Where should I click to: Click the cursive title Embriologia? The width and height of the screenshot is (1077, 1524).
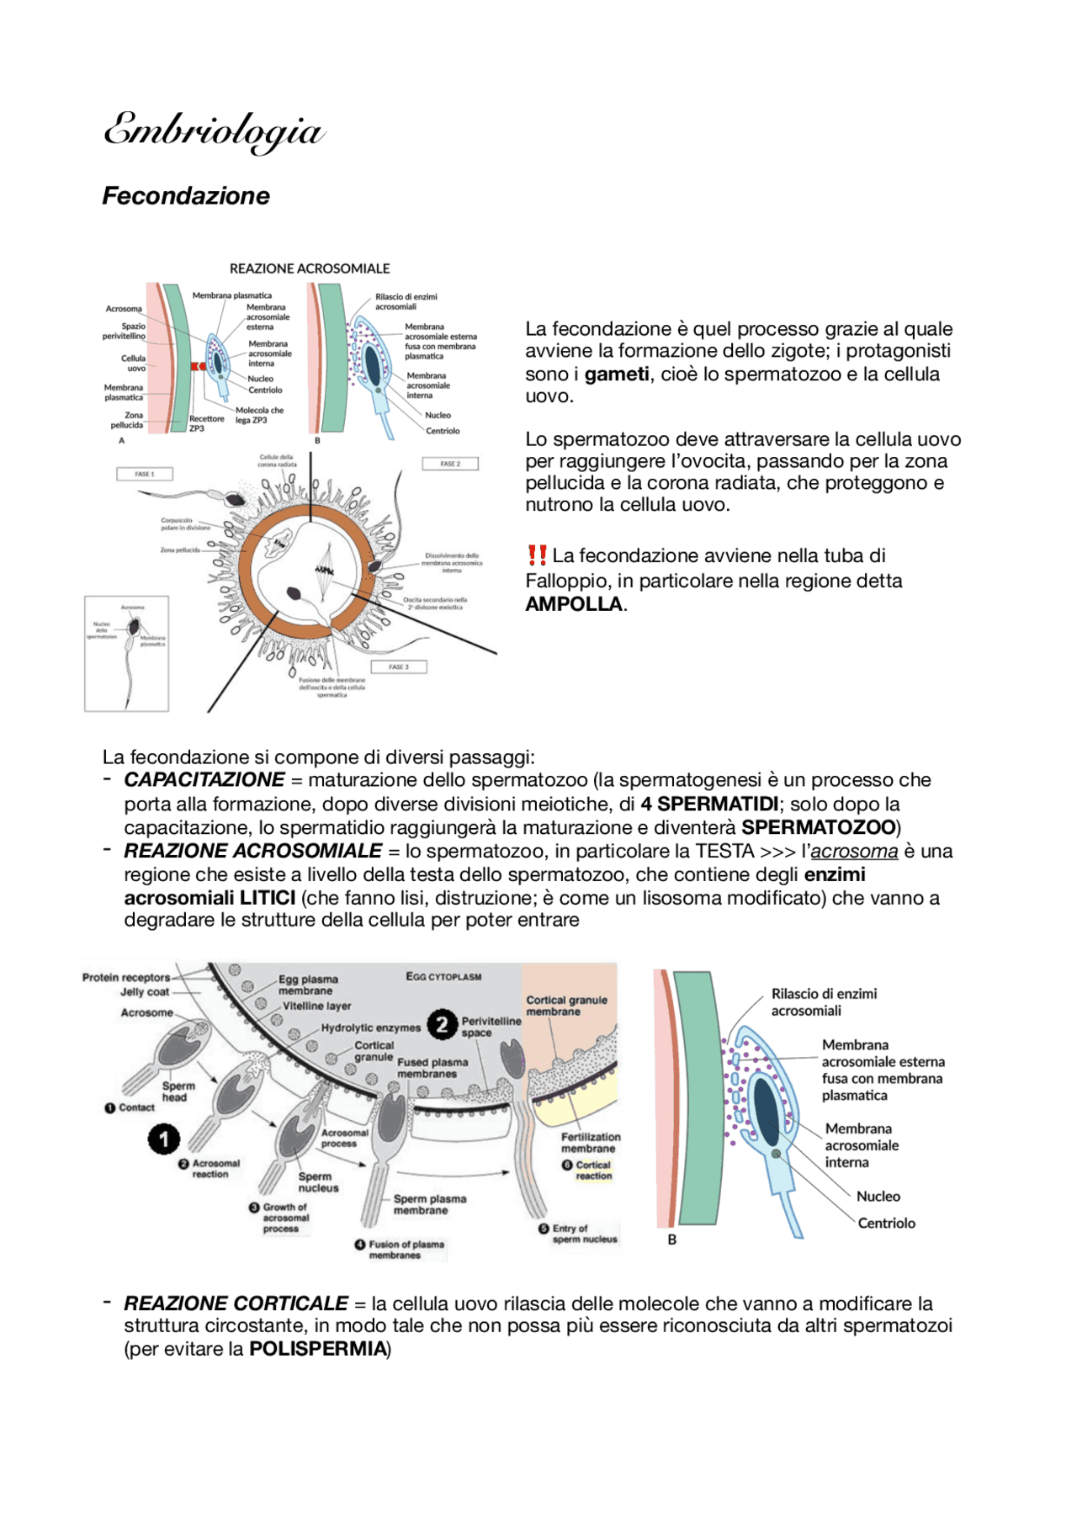tap(214, 132)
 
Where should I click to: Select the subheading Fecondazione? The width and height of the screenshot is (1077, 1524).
tap(186, 196)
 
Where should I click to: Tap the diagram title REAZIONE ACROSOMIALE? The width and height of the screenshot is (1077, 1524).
tap(310, 268)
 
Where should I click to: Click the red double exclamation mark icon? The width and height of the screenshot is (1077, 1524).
tap(537, 555)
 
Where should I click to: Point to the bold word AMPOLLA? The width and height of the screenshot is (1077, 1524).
tap(574, 604)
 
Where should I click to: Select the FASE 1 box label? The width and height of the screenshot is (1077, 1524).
tap(145, 474)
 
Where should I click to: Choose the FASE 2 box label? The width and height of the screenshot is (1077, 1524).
tap(450, 464)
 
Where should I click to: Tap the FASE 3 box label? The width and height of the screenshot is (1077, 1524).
tap(399, 667)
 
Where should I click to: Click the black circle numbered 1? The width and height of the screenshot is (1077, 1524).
tap(164, 1139)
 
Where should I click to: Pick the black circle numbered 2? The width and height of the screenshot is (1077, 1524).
tap(442, 1025)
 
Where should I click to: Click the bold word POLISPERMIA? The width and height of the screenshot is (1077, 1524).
tap(317, 1349)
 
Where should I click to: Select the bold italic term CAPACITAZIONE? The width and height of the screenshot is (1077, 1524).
tap(204, 780)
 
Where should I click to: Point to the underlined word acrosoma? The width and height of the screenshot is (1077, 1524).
tap(854, 852)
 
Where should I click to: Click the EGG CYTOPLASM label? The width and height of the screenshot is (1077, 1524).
tap(443, 977)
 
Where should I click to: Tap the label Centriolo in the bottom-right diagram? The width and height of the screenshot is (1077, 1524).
tap(886, 1224)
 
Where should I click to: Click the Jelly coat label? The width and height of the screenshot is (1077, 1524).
tap(145, 992)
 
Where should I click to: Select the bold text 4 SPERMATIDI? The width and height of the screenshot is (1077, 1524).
tap(709, 804)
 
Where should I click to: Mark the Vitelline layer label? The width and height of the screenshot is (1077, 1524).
tap(316, 1006)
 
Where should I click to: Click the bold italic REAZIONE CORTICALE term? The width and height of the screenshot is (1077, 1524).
tap(236, 1304)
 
